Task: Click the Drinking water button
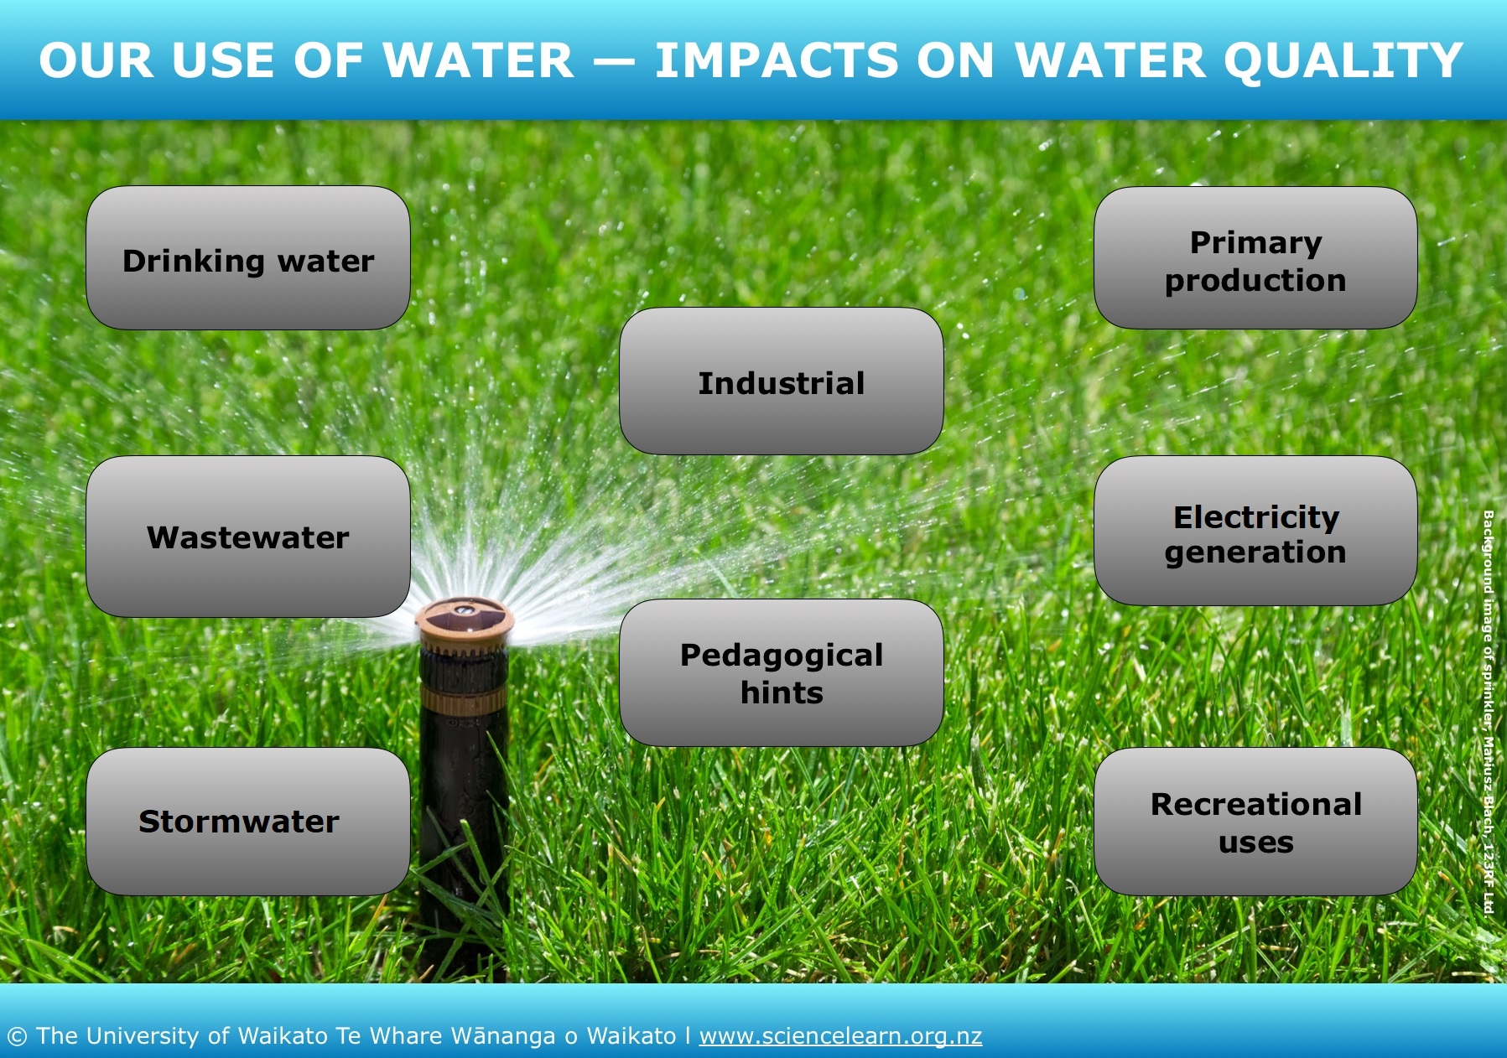[248, 257]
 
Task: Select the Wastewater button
[248, 537]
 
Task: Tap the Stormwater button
[248, 822]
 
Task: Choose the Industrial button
[782, 381]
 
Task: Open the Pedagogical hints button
[782, 672]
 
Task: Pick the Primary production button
[1255, 257]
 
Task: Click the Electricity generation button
[1255, 531]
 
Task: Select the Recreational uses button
[1255, 822]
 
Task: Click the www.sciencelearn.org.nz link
[840, 1036]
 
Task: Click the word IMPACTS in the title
[777, 60]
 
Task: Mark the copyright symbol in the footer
[17, 1037]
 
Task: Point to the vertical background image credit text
[1489, 713]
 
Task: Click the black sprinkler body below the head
[464, 805]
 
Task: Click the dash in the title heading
[614, 62]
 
